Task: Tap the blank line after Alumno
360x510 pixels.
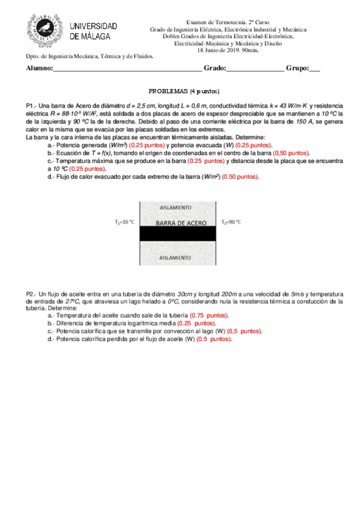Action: point(127,69)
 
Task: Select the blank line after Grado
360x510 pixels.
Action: point(255,69)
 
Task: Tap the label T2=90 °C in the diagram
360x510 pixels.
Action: point(231,222)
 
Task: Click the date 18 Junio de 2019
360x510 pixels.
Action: point(218,50)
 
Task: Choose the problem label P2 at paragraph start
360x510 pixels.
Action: point(31,293)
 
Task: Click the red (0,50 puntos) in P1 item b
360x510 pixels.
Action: point(291,153)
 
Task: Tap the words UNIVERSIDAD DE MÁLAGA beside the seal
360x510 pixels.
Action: point(94,31)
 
